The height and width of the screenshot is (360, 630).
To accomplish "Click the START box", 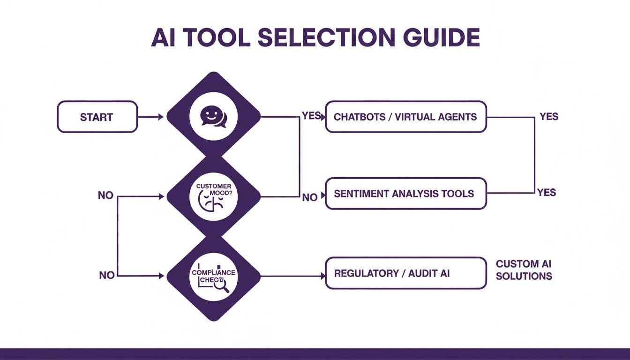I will (97, 117).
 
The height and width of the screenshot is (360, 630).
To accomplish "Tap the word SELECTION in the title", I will (315, 38).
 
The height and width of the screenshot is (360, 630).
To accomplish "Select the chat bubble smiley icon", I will (213, 117).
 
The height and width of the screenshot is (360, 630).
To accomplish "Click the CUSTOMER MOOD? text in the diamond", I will (213, 189).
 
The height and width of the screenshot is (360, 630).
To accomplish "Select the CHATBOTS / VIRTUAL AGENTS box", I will (405, 117).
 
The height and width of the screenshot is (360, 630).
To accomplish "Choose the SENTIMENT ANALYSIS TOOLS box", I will (405, 193).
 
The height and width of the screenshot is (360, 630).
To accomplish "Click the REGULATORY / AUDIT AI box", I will (405, 273).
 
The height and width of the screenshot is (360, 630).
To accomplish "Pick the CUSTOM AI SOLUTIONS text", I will (524, 270).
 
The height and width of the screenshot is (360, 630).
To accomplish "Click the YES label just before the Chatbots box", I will (311, 116).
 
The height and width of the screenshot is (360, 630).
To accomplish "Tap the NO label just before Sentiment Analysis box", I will (310, 197).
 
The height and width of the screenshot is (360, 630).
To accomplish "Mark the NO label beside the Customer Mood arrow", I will (105, 195).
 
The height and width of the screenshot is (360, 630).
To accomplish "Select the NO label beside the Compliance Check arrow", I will (107, 275).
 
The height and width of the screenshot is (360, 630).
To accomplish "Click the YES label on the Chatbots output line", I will (549, 116).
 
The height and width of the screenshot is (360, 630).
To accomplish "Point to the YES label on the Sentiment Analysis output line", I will (547, 192).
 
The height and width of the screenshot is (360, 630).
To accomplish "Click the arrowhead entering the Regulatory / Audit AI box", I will (322, 277).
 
